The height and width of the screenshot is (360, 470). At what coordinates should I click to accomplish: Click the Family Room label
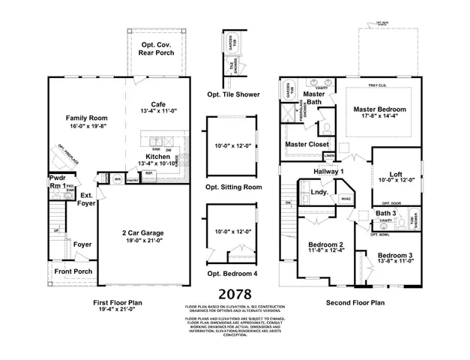click(x=87, y=118)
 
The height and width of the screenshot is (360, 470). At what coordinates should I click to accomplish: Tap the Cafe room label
click(x=158, y=104)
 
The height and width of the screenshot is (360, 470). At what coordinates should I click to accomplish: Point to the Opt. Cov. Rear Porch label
click(x=158, y=49)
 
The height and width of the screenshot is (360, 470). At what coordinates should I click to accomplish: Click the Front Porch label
click(x=73, y=271)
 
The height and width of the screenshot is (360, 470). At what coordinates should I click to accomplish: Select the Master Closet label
click(x=304, y=144)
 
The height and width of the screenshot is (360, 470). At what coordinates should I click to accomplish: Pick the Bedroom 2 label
click(x=325, y=245)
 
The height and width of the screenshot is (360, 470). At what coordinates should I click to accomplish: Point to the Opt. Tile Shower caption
click(x=234, y=95)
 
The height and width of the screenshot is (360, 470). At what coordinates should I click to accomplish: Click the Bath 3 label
click(x=388, y=213)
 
